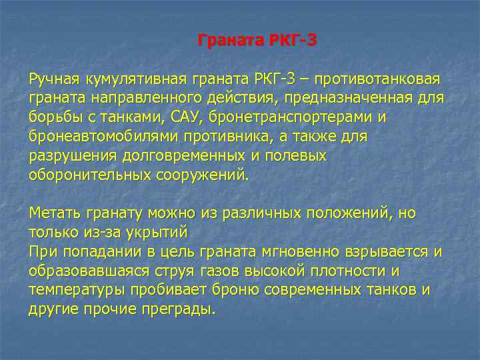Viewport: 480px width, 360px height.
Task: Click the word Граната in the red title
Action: click(229, 41)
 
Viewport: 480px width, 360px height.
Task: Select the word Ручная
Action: click(54, 80)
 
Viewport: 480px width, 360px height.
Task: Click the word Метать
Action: click(54, 214)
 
